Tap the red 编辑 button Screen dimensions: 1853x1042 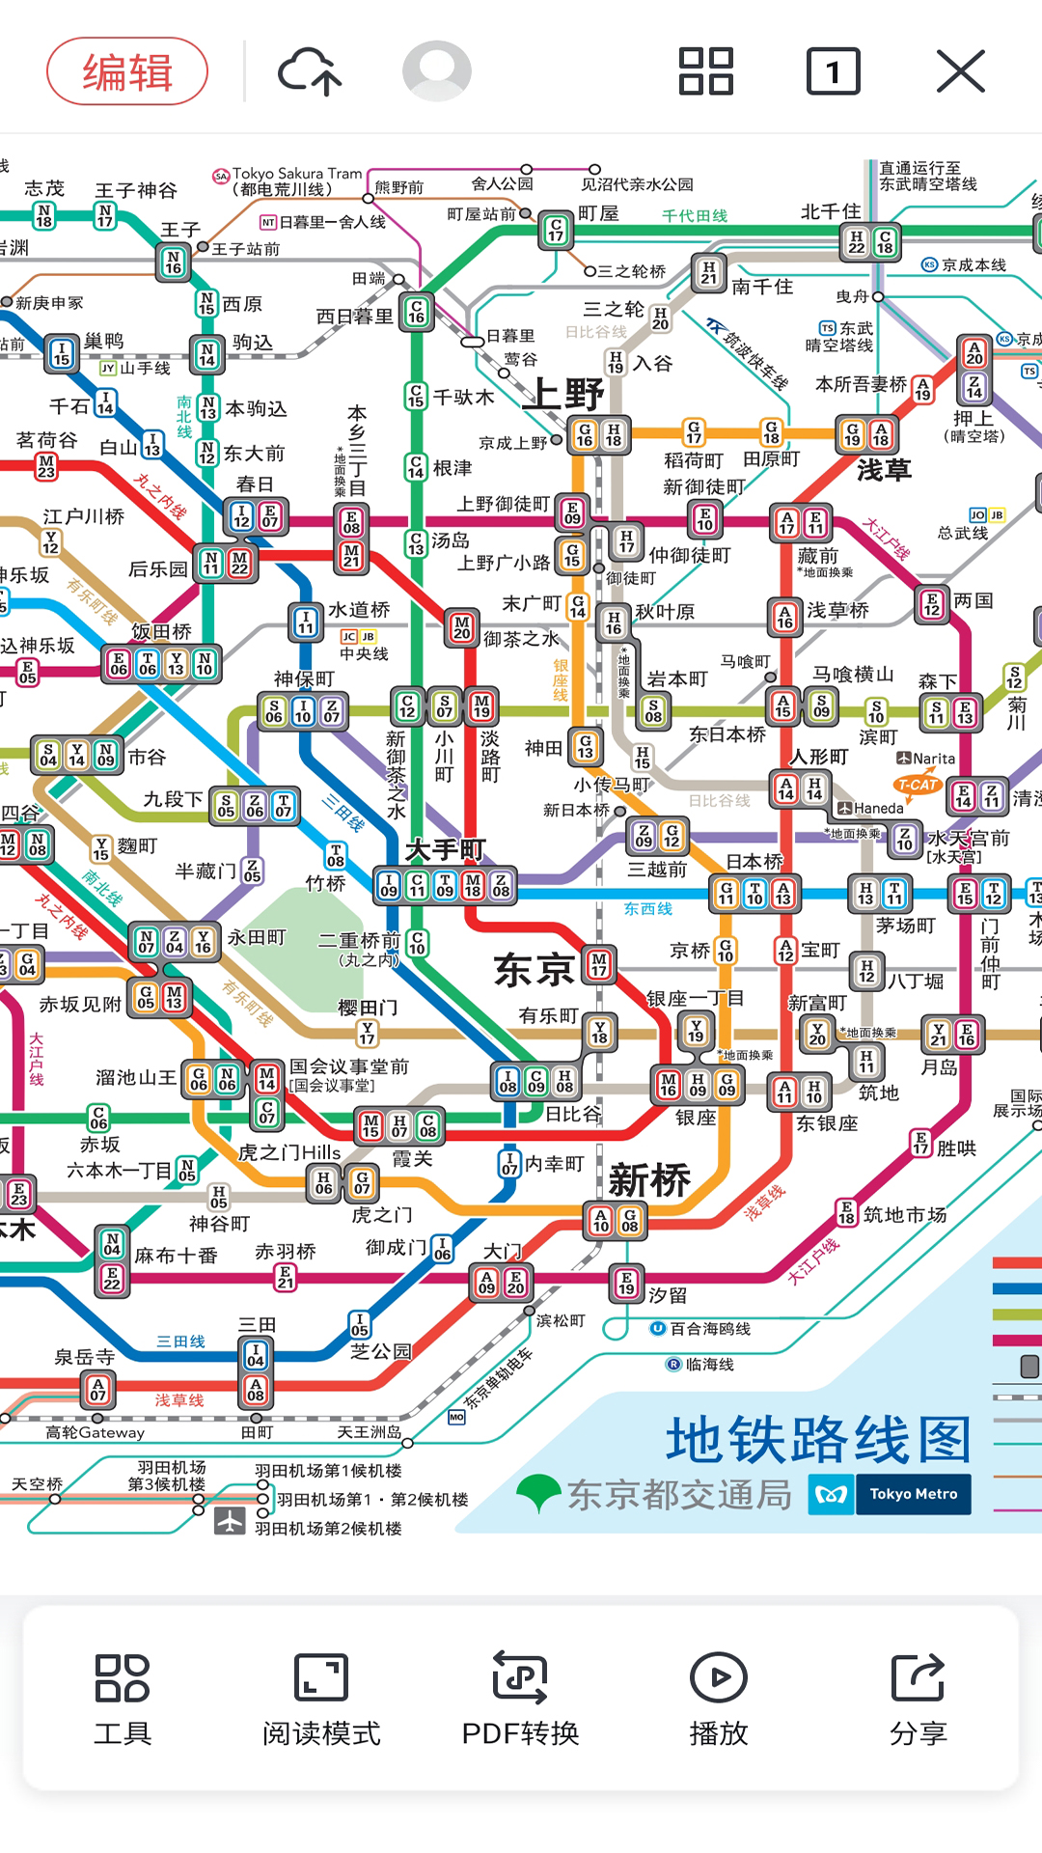pyautogui.click(x=127, y=71)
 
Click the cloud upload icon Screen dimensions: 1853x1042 pyautogui.click(x=310, y=71)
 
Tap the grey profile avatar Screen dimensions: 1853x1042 pyautogui.click(x=437, y=71)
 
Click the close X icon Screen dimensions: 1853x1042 pyautogui.click(x=960, y=71)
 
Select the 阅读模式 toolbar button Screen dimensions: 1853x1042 pyautogui.click(x=321, y=1699)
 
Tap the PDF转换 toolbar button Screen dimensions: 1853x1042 pyautogui.click(x=520, y=1699)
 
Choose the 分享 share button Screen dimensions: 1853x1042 pyautogui.click(x=918, y=1699)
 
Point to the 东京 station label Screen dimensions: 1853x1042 pyautogui.click(x=534, y=970)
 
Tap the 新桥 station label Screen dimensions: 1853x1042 pyautogui.click(x=649, y=1179)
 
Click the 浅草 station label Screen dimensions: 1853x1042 pyautogui.click(x=884, y=470)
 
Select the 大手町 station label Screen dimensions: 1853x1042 pyautogui.click(x=445, y=850)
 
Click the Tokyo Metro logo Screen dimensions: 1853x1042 pyautogui.click(x=890, y=1494)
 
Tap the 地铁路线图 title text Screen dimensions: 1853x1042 pyautogui.click(x=818, y=1440)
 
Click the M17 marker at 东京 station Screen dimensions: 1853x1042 pyautogui.click(x=599, y=964)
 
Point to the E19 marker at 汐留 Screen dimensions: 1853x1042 pyautogui.click(x=627, y=1284)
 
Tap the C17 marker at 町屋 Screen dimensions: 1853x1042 pyautogui.click(x=556, y=229)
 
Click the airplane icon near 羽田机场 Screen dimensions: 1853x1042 pyautogui.click(x=230, y=1520)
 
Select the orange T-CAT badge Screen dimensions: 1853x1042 pyautogui.click(x=918, y=785)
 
